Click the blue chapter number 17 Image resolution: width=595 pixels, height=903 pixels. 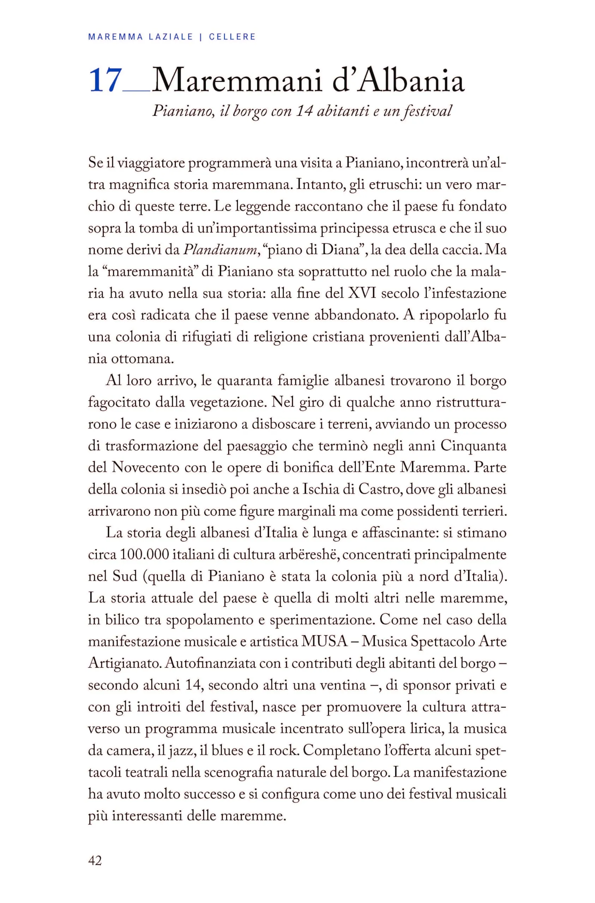click(x=105, y=81)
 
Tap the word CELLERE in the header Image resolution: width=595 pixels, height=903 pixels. click(x=232, y=37)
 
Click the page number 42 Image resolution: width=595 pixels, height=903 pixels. click(x=95, y=850)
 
